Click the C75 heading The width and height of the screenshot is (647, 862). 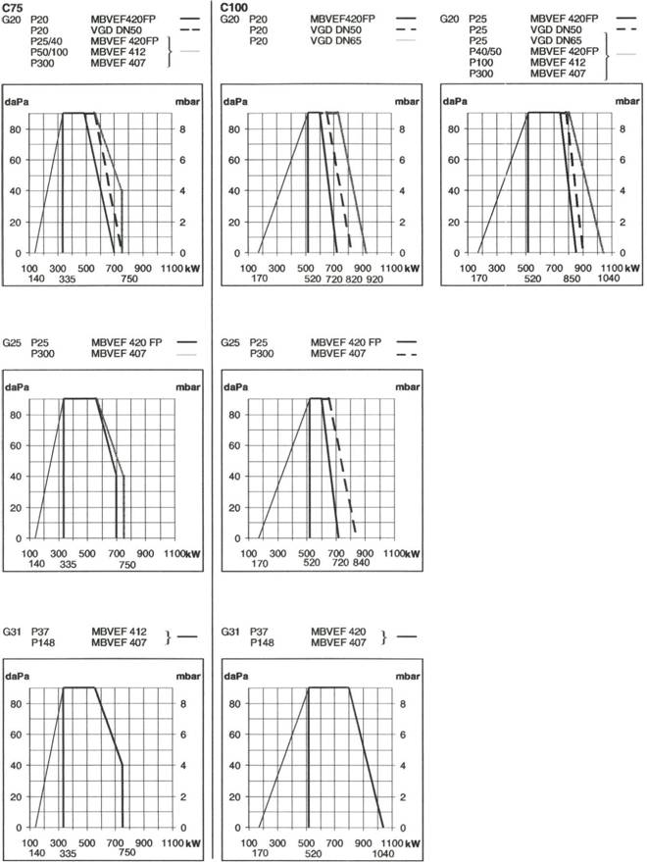pos(12,7)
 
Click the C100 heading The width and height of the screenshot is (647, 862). pos(234,7)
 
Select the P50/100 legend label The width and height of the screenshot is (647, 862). pos(49,52)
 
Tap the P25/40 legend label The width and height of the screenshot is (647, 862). pos(47,40)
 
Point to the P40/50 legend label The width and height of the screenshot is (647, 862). pos(485,51)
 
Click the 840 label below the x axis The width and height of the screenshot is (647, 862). pos(361,562)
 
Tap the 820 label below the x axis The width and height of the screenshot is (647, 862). pos(354,279)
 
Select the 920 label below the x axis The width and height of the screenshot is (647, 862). pos(374,279)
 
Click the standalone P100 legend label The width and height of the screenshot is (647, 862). pos(481,62)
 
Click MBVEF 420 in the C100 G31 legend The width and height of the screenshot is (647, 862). pos(338,632)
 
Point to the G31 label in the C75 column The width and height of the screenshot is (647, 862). pos(12,632)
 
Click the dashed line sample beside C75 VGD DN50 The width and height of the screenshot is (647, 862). pos(189,29)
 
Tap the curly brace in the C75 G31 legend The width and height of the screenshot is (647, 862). pos(169,637)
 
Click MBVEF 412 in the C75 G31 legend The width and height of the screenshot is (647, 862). pos(119,632)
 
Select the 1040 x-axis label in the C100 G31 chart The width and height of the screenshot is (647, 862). pos(382,853)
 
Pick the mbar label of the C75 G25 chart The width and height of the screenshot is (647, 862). pos(188,387)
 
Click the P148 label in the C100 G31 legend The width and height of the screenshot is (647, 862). pos(262,642)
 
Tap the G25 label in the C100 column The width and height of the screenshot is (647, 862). pos(230,342)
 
